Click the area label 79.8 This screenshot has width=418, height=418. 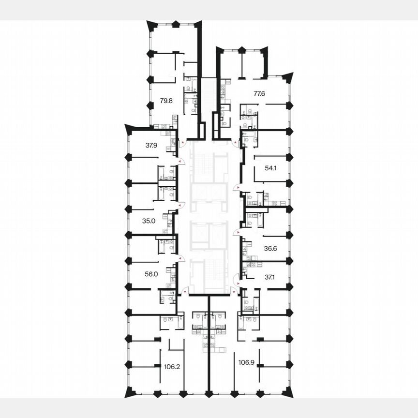tap(166, 101)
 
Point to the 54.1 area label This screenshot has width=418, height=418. tap(271, 168)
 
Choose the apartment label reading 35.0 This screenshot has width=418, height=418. tap(149, 221)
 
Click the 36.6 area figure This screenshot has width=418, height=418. tap(271, 248)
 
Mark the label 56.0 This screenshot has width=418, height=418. tap(151, 273)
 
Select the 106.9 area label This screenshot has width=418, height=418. tap(247, 361)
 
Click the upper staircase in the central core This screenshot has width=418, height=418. tap(209, 164)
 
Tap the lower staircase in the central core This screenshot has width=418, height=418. tap(209, 273)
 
